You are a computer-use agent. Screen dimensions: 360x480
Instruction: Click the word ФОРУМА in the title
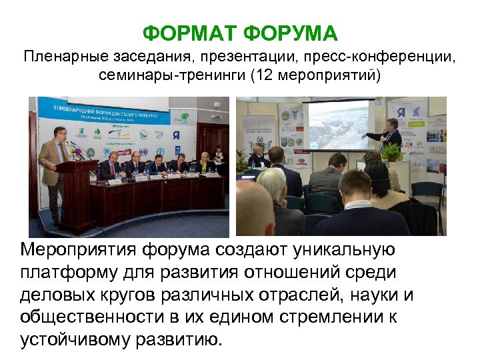tap(291, 33)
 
